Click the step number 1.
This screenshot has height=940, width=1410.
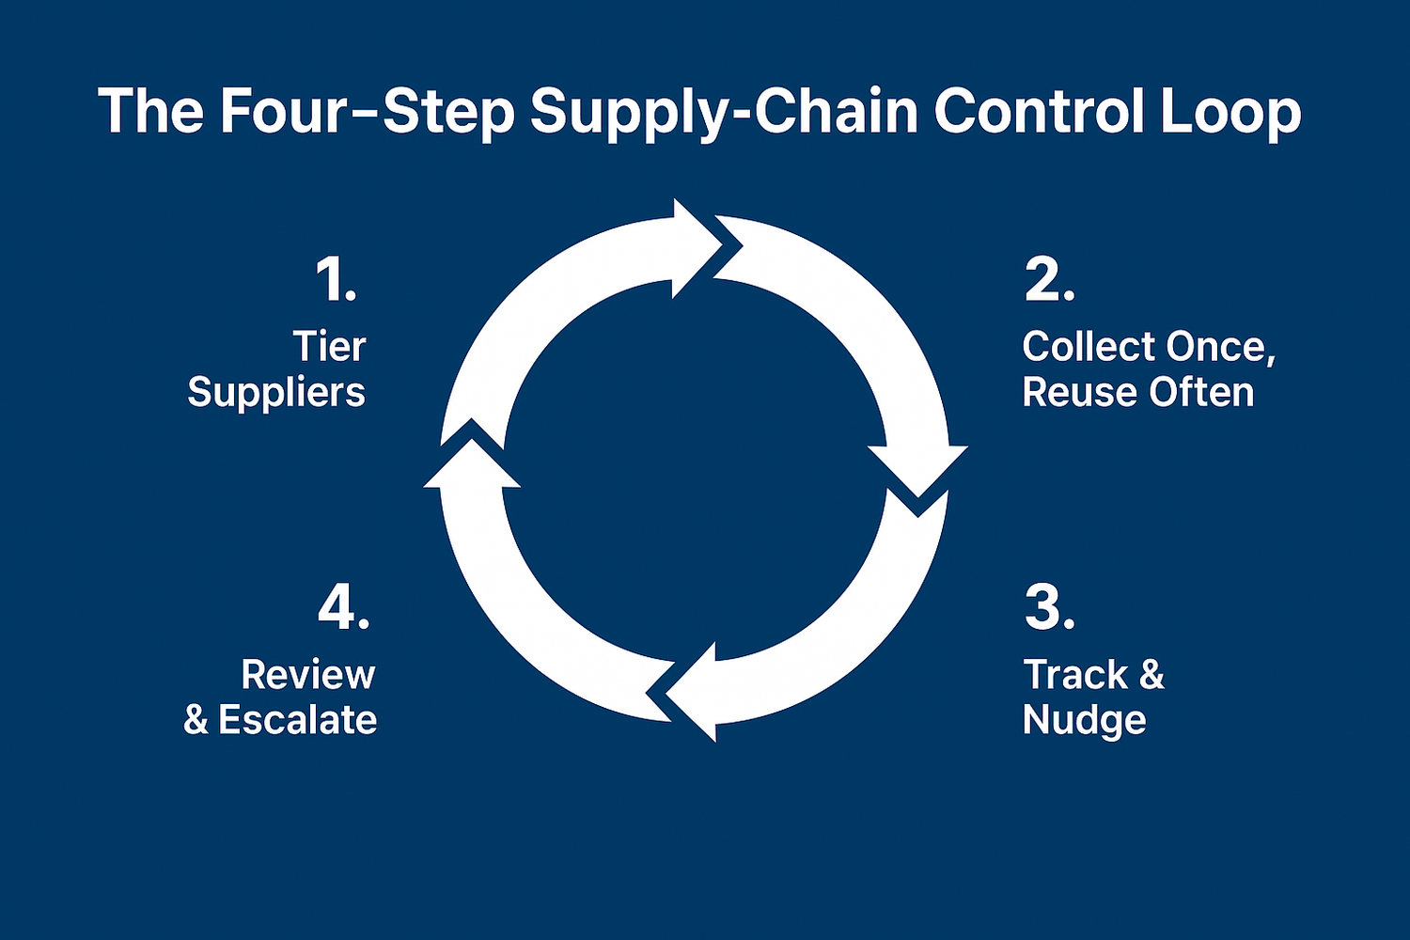point(337,279)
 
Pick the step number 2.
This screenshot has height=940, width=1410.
point(1049,279)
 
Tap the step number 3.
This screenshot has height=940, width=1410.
point(1049,608)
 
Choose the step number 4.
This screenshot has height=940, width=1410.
point(343,608)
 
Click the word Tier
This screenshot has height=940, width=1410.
point(330,347)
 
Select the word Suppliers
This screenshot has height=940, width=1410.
point(276,394)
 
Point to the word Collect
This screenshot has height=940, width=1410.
point(1090,347)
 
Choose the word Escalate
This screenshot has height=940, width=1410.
point(298,720)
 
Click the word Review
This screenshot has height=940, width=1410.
point(308,675)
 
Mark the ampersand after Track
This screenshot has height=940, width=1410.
point(1151,675)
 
